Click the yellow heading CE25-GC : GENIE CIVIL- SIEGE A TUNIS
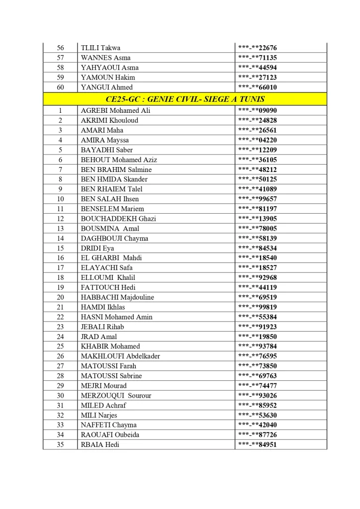[x=185, y=99]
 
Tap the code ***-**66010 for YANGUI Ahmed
[x=257, y=87]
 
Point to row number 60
[x=61, y=87]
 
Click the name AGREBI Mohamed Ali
[x=115, y=110]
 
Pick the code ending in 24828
[x=257, y=120]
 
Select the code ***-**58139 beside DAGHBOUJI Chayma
[x=257, y=239]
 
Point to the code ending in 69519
[x=257, y=297]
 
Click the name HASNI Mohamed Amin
[x=116, y=317]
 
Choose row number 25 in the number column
[x=61, y=346]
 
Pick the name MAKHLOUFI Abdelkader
[x=120, y=356]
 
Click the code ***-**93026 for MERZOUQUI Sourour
[x=257, y=396]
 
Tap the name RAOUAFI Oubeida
[x=110, y=435]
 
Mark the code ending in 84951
[x=257, y=445]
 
